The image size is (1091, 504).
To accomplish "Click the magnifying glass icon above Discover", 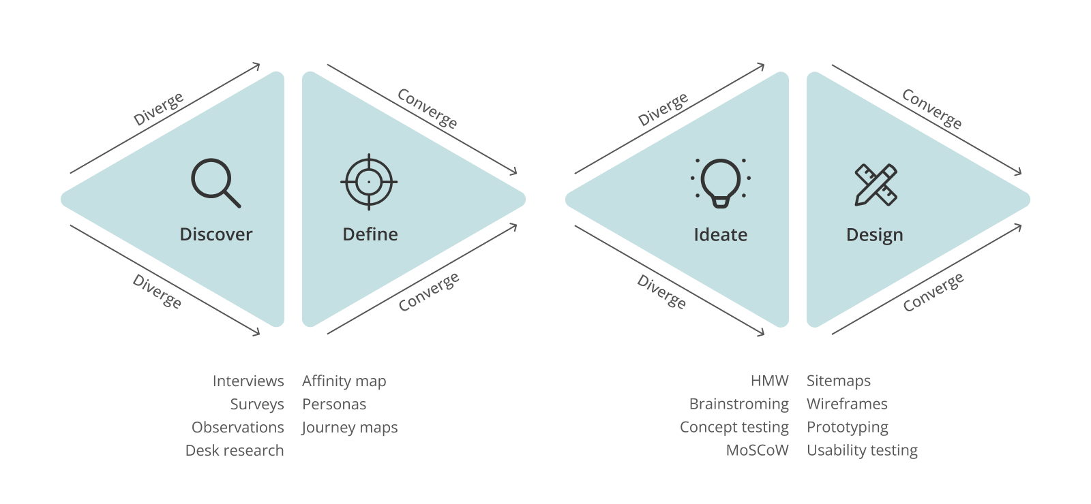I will tap(215, 183).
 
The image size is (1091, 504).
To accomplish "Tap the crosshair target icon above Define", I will tap(369, 183).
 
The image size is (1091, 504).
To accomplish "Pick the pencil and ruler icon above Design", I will tap(876, 184).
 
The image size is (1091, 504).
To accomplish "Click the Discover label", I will tap(215, 234).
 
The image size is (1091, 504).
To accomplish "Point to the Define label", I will tap(370, 234).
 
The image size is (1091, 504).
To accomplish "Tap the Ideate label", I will tap(720, 235).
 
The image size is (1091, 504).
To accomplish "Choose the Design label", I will tap(874, 235).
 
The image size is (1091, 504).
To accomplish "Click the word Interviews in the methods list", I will tap(248, 381).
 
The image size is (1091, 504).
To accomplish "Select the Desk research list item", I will tap(235, 450).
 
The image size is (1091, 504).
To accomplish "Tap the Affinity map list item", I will tap(344, 381).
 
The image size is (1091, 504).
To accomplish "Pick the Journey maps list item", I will tap(349, 428).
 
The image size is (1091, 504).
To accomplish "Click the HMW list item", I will tap(769, 381).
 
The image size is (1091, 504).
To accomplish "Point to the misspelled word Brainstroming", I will tap(738, 404).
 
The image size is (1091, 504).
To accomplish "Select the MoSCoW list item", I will tap(757, 450).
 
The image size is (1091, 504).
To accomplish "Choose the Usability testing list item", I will tap(862, 450).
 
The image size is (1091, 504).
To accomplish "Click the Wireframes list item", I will tap(847, 404).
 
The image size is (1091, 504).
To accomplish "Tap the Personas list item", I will tap(334, 404).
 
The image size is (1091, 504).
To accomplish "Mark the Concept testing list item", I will tap(734, 427).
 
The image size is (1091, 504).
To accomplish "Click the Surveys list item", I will tap(256, 404).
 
